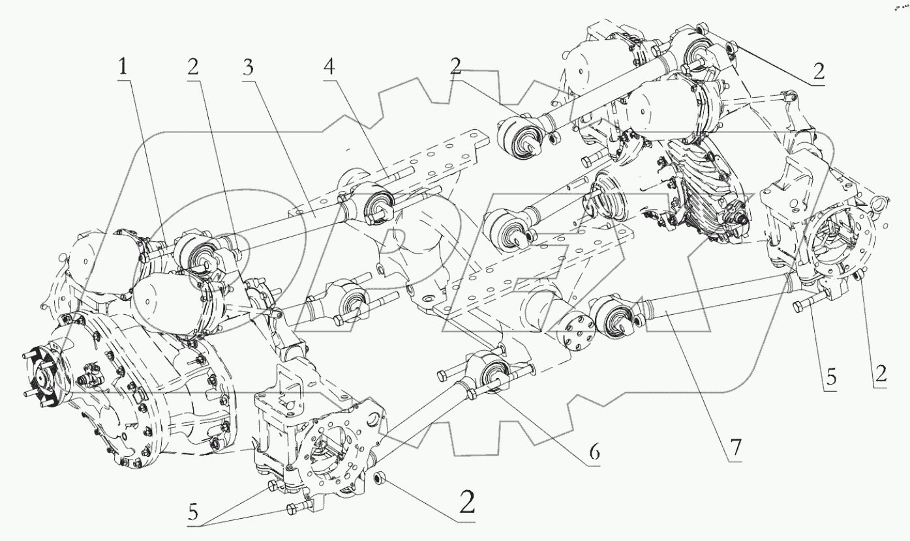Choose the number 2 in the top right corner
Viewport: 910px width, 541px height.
818,74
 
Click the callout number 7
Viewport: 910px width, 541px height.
736,449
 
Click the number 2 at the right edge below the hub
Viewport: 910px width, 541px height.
881,373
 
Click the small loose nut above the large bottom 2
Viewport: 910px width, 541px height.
380,479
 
